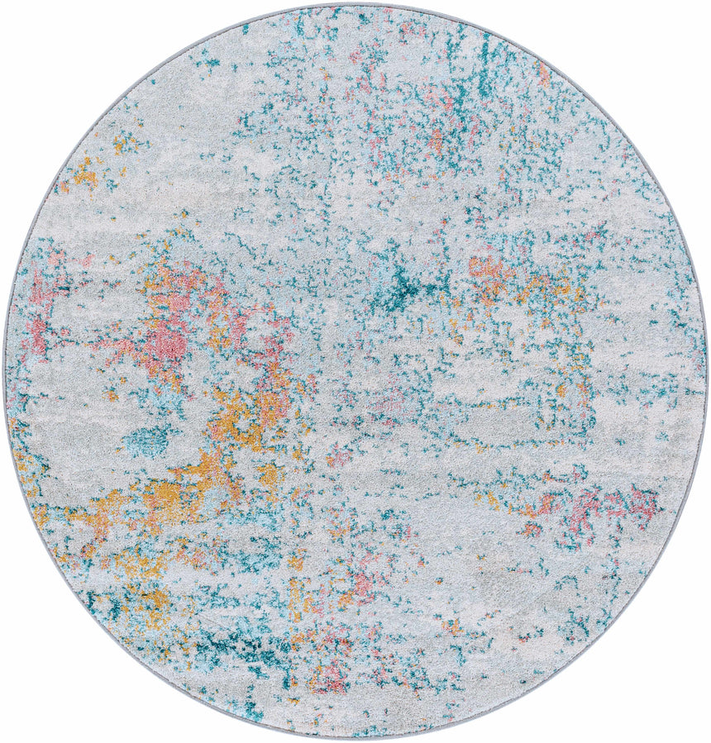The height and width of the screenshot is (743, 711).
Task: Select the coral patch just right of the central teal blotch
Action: coord(488,269)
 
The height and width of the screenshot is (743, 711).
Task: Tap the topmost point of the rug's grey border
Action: coord(355,4)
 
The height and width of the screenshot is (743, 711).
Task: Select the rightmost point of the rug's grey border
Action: coord(707,372)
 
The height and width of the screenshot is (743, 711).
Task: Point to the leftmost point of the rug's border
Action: coord(4,372)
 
